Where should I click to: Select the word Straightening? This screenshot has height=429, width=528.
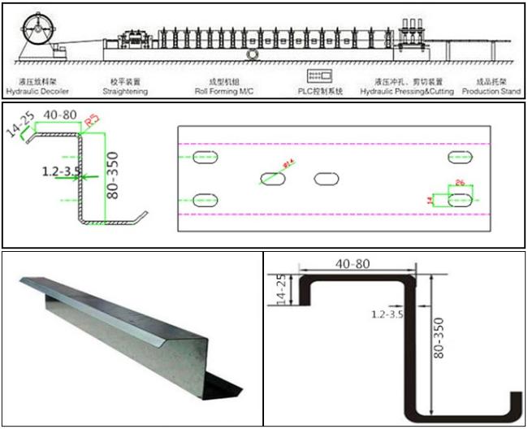click(128, 92)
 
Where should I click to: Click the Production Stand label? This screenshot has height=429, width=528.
click(490, 92)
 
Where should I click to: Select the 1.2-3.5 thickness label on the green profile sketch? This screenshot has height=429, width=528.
click(59, 172)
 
